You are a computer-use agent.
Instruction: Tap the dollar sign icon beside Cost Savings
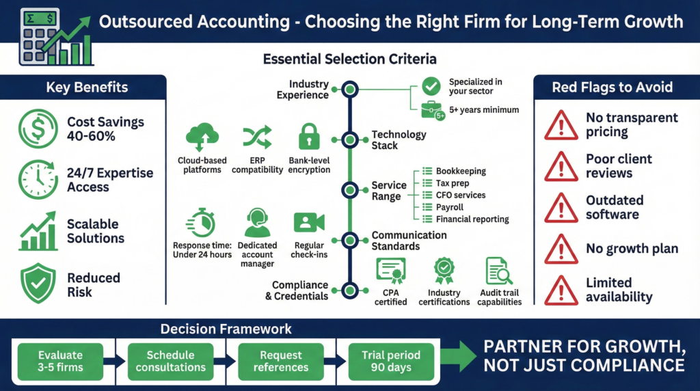[38, 129]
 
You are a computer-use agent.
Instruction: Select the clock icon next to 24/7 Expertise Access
[38, 180]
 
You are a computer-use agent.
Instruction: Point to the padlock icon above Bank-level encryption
[309, 137]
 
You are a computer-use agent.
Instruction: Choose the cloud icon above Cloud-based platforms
[202, 137]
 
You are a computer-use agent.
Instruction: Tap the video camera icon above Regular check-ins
[309, 223]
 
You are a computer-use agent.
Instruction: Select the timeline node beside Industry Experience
[350, 90]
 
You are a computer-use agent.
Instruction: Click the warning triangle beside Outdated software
[561, 207]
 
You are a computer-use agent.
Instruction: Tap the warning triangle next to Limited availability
[561, 289]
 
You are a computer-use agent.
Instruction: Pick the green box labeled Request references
[281, 361]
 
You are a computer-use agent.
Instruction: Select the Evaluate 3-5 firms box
[61, 361]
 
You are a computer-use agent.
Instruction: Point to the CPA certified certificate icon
[391, 272]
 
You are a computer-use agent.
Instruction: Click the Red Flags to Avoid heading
[612, 87]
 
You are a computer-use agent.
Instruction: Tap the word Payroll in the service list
[449, 207]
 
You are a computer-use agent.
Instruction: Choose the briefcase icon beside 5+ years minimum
[431, 109]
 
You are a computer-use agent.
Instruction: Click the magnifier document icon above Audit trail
[500, 272]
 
